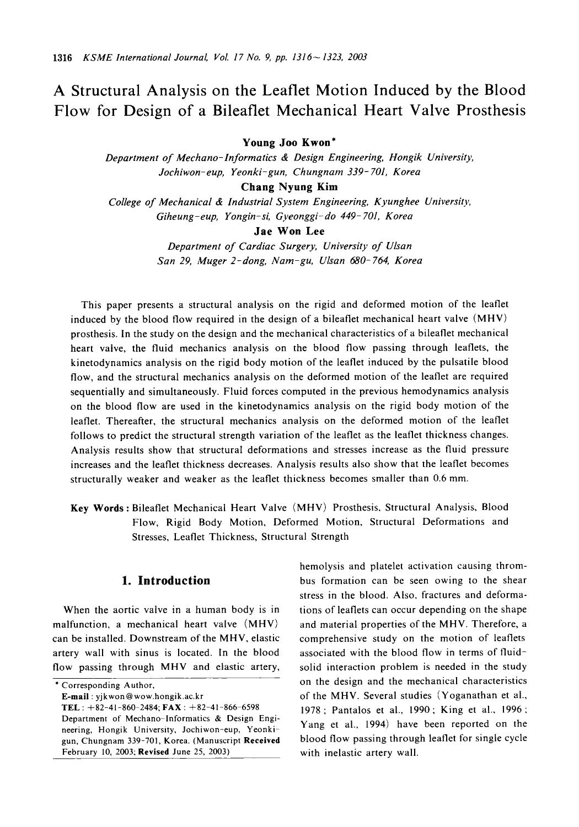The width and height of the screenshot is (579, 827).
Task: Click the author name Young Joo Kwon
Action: point(288,143)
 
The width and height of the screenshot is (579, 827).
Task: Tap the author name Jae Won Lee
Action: point(289,232)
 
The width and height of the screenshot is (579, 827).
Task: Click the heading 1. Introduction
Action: point(165,581)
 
